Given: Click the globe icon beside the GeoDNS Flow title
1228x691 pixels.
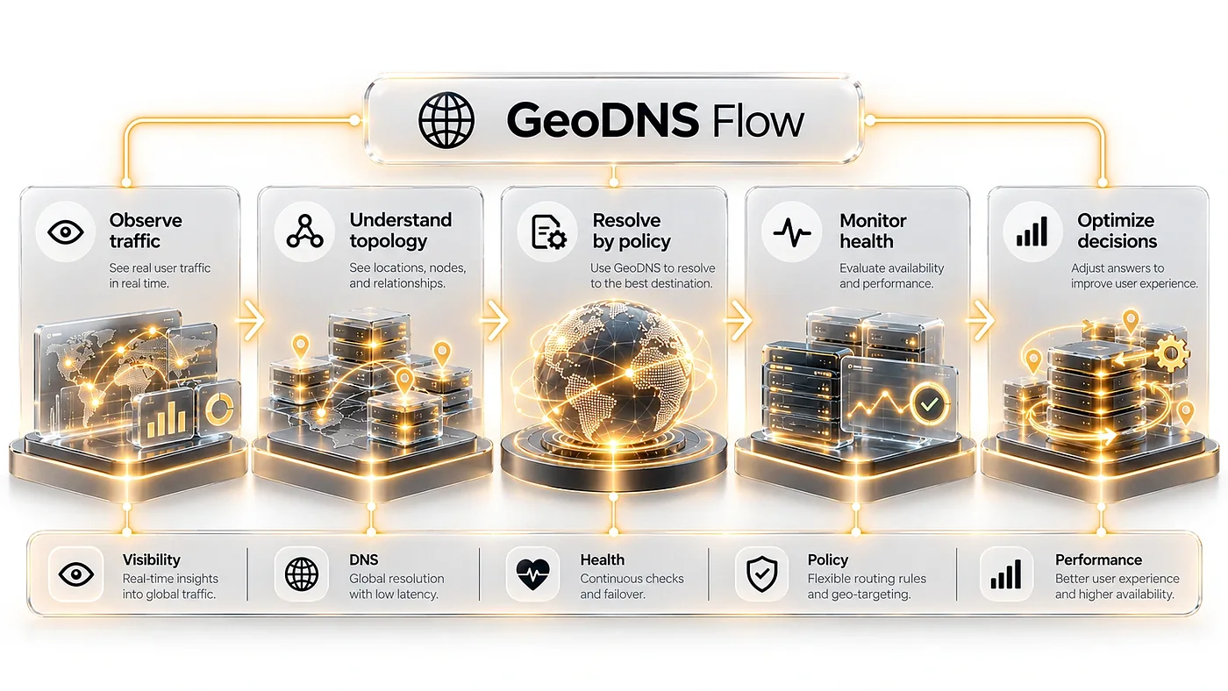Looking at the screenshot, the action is point(446,120).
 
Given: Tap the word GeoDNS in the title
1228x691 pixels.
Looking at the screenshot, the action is point(603,120).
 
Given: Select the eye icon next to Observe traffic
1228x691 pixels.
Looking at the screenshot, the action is point(65,232).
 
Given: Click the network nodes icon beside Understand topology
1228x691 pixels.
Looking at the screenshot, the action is point(305,232).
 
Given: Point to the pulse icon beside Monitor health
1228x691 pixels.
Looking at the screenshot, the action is point(791,232).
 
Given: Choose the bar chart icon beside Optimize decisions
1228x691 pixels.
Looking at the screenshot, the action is point(1032,232).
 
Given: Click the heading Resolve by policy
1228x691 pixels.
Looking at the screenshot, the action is point(632,231).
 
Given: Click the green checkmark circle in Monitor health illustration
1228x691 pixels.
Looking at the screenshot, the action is point(929,404).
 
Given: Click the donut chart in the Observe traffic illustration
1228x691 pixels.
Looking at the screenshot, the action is point(218,409).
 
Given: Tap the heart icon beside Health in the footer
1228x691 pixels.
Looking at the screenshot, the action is point(533,573).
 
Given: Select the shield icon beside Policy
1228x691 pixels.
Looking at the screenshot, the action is point(762,573).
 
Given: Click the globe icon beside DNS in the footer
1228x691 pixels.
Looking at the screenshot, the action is point(302,573).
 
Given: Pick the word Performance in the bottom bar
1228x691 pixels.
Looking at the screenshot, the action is point(1098,559).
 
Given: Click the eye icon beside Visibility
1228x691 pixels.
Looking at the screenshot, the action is point(75,574).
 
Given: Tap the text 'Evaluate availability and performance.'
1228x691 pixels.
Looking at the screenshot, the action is point(892,275).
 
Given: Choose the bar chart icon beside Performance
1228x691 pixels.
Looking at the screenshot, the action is point(1006,574).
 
